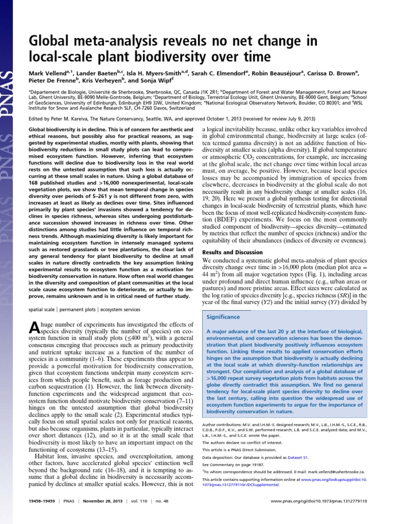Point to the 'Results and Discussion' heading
tap(234, 252)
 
